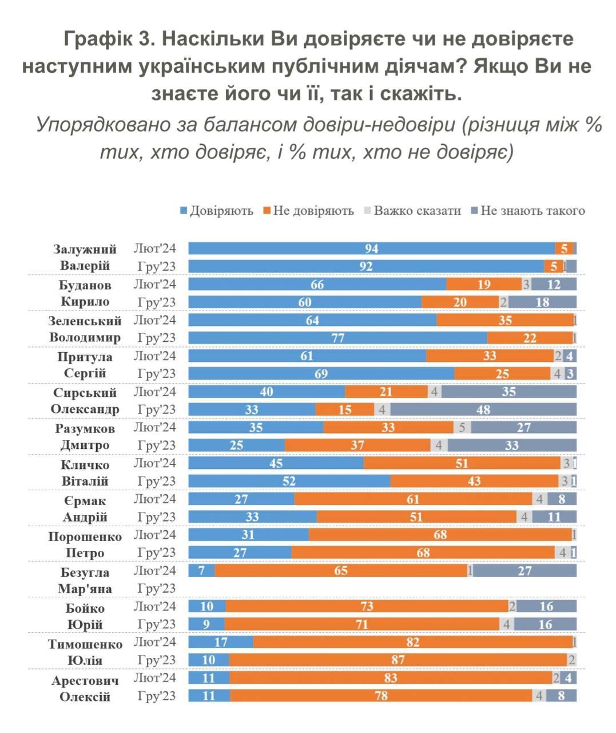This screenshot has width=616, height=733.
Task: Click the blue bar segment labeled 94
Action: click(372, 249)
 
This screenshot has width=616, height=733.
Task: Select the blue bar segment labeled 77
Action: click(337, 338)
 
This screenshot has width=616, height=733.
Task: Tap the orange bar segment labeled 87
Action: click(398, 660)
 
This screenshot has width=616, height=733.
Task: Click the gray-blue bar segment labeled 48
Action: click(483, 409)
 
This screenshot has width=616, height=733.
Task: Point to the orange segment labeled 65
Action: click(341, 571)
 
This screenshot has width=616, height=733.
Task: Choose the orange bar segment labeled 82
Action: click(412, 643)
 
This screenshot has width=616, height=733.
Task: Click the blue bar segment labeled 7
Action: click(201, 571)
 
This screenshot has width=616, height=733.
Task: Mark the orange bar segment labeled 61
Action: click(413, 499)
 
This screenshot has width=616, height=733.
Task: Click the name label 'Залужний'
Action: click(85, 249)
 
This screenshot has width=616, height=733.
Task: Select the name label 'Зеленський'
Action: click(85, 321)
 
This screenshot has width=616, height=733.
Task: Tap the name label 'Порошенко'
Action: click(85, 537)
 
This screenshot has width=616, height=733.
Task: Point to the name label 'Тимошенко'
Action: click(85, 644)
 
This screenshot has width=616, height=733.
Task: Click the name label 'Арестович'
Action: click(85, 681)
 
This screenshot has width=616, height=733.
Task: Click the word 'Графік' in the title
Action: click(97, 39)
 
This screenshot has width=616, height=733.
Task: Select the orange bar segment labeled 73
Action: click(367, 606)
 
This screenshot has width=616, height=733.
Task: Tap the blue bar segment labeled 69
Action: click(321, 374)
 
